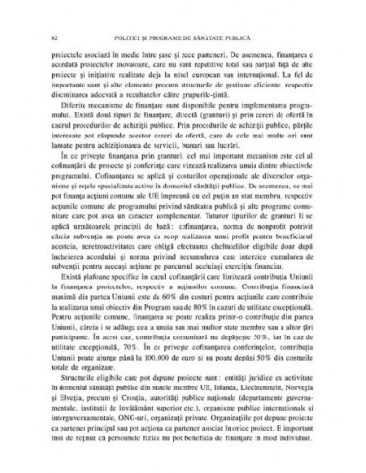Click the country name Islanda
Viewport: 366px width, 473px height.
click(198, 387)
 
